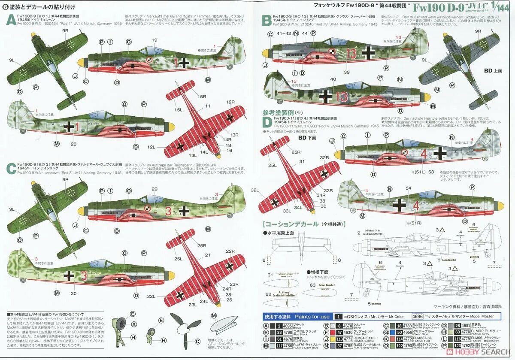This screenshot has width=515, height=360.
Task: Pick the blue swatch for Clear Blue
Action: point(387,332)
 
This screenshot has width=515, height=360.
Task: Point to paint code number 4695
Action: point(287,326)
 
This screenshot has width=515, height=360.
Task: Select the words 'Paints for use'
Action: point(306,317)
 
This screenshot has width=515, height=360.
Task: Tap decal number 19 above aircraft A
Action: point(154,40)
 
